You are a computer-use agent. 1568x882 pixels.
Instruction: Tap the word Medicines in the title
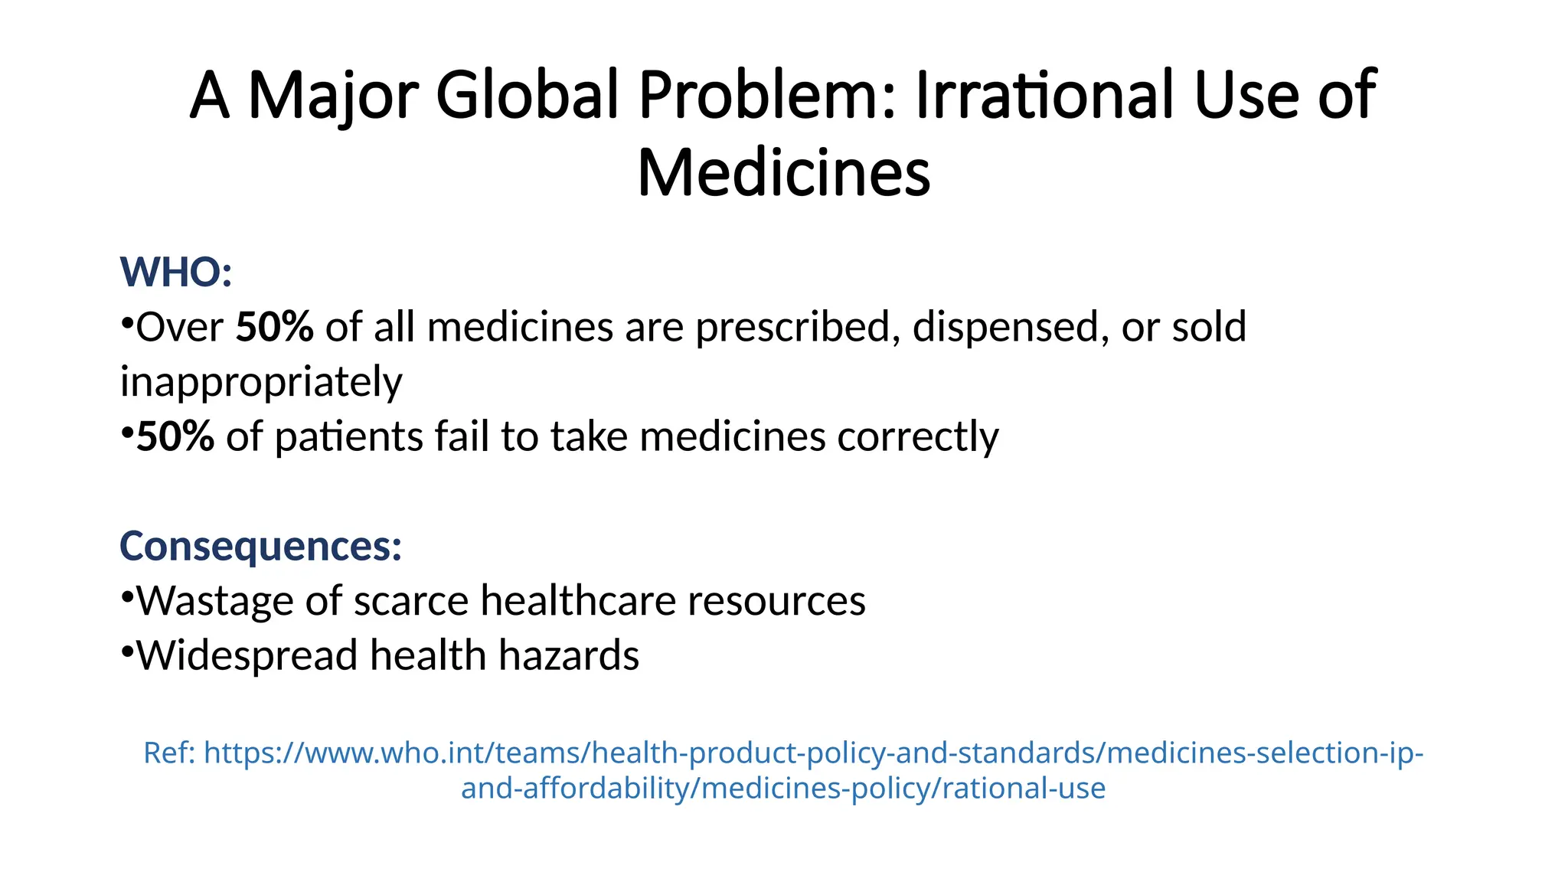tap(783, 174)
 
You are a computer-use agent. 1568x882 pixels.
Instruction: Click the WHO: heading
tap(176, 273)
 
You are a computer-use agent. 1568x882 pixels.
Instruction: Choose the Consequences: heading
tap(260, 546)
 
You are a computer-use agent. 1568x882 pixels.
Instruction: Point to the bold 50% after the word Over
tap(274, 328)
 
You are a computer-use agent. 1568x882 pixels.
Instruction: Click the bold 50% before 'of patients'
tap(175, 437)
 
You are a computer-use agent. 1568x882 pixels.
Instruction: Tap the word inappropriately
tap(261, 382)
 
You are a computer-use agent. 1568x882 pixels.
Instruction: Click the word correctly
tap(918, 437)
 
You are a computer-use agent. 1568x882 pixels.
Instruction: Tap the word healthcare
tap(577, 601)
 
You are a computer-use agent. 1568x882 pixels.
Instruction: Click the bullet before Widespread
tap(127, 650)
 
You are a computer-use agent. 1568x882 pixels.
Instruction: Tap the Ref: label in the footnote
tap(170, 753)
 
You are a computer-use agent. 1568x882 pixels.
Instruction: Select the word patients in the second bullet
tap(348, 437)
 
